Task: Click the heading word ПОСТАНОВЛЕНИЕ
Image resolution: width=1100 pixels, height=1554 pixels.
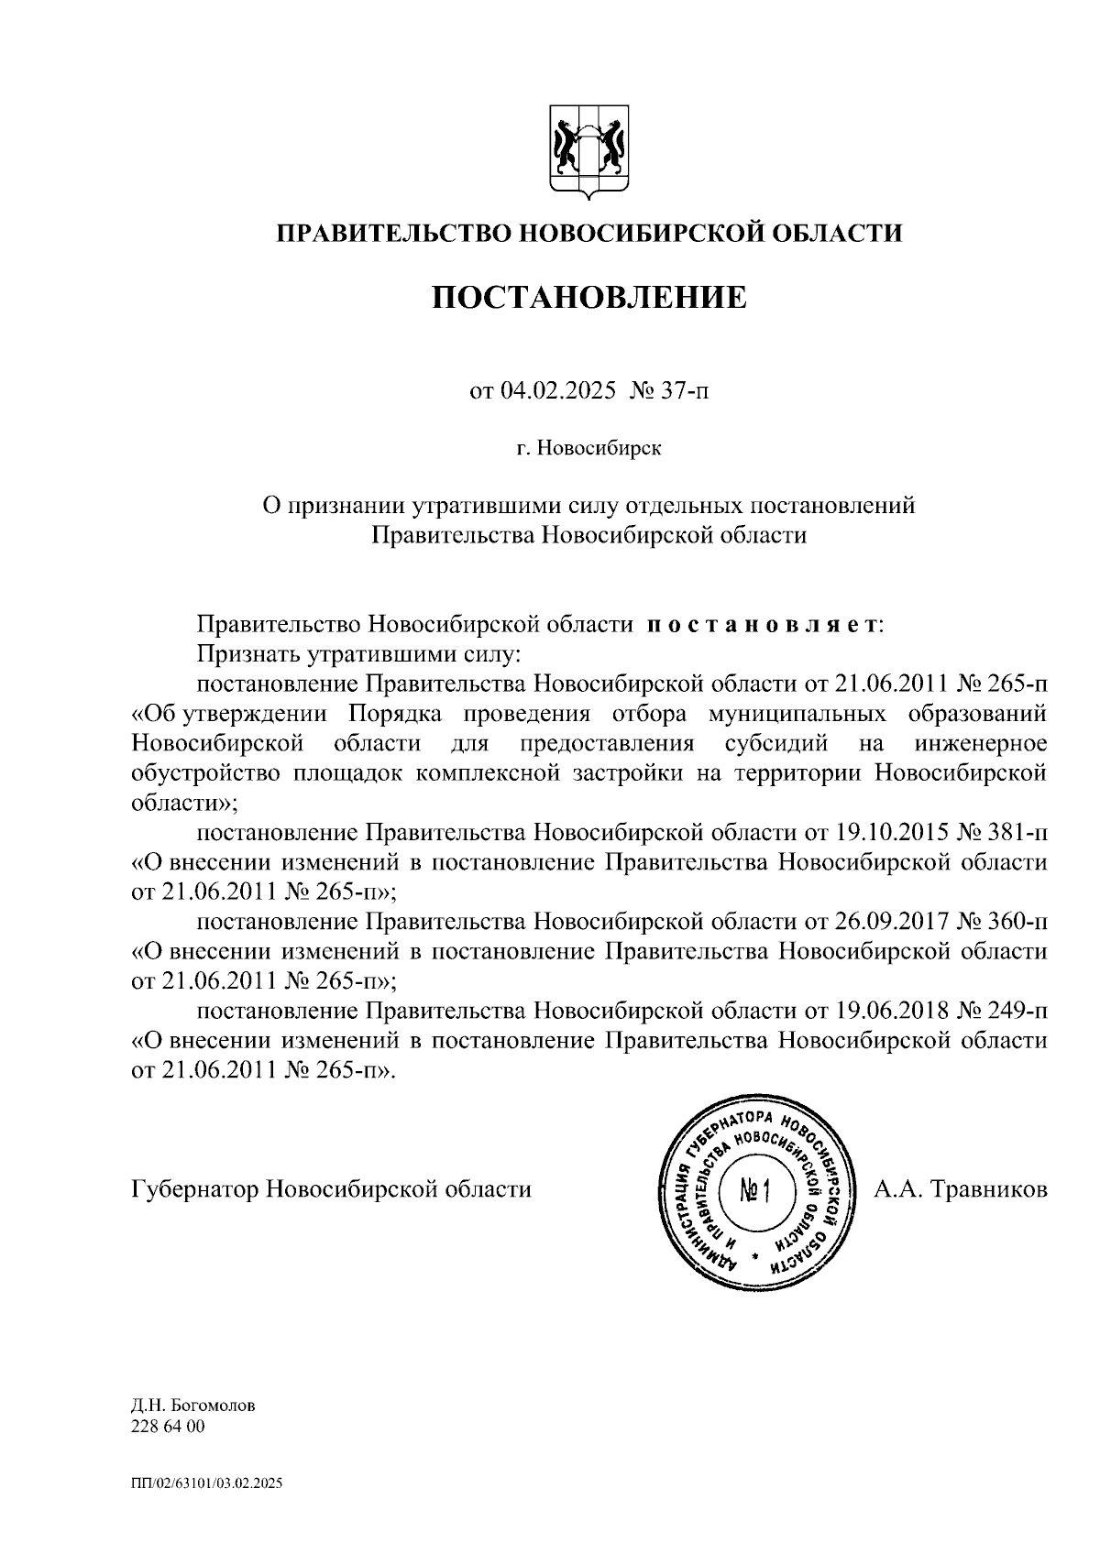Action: (x=589, y=296)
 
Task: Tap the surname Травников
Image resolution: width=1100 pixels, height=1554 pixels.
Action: (x=988, y=1189)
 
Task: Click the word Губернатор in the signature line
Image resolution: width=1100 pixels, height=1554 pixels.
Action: (x=195, y=1189)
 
